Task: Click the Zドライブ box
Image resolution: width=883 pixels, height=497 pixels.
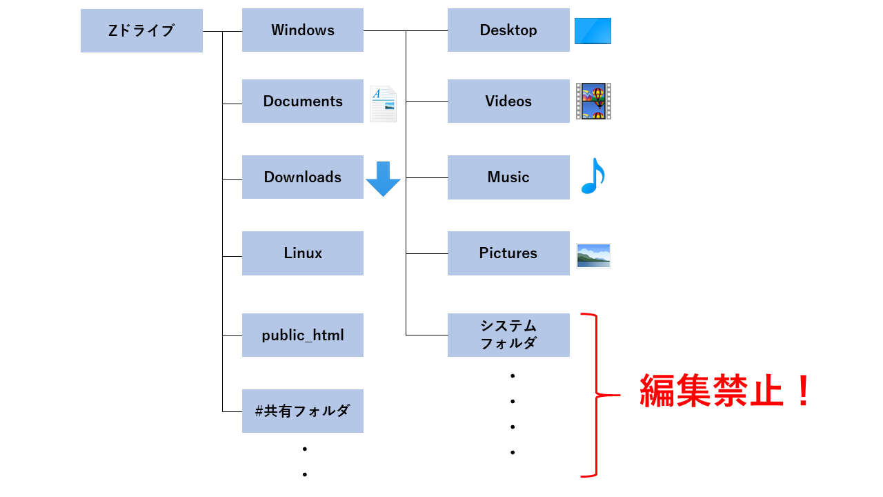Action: (141, 30)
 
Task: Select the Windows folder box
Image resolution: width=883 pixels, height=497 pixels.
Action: (302, 30)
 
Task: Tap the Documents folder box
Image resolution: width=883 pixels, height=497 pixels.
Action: (302, 101)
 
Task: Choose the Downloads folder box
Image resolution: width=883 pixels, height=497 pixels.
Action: (302, 177)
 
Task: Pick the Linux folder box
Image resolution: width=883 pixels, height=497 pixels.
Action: (302, 253)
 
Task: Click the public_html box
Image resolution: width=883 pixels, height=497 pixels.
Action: (302, 335)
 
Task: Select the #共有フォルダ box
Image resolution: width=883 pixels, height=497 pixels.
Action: (302, 411)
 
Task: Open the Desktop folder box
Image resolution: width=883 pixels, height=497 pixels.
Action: (508, 30)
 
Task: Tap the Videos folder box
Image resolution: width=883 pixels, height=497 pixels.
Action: (508, 101)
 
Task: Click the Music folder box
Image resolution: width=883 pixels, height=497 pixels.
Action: (508, 177)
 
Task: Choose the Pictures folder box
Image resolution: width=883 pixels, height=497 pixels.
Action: (508, 253)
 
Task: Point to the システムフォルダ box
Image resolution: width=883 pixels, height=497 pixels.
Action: (508, 335)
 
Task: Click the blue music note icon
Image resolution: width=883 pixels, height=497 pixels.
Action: (592, 177)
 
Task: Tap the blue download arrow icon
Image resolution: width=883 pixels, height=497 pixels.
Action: (383, 179)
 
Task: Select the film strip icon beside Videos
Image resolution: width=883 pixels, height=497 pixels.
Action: (593, 101)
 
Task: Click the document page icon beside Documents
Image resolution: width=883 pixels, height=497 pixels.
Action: (383, 104)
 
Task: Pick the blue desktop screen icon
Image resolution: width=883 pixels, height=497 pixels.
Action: (593, 31)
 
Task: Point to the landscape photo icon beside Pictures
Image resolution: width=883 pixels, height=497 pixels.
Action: (593, 255)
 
